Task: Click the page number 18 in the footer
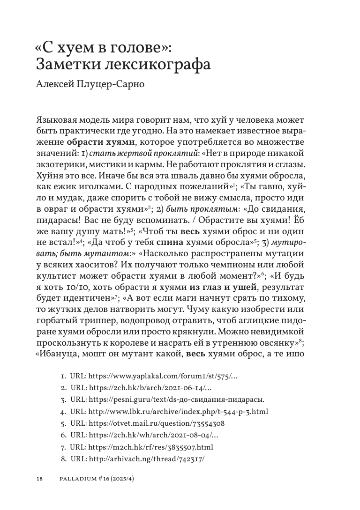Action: tap(39, 479)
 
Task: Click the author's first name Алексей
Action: tap(52, 85)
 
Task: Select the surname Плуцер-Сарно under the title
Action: tap(108, 85)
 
